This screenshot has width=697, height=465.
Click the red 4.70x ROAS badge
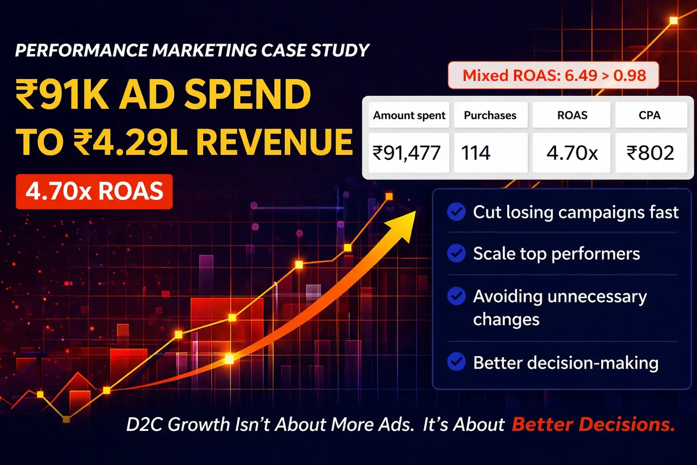pyautogui.click(x=94, y=192)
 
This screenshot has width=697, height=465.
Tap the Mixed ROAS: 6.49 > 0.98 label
pyautogui.click(x=553, y=75)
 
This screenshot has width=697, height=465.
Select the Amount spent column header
pyautogui.click(x=409, y=115)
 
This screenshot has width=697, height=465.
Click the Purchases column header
pyautogui.click(x=490, y=115)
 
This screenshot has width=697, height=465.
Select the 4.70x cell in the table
pyautogui.click(x=572, y=153)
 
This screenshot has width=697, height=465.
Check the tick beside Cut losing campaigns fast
pyautogui.click(x=456, y=212)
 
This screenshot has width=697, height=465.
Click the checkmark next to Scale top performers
pyautogui.click(x=456, y=253)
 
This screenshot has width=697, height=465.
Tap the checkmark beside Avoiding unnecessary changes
pyautogui.click(x=456, y=296)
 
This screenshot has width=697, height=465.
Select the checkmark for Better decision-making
pyautogui.click(x=456, y=361)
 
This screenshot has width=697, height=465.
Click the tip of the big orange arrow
pyautogui.click(x=416, y=211)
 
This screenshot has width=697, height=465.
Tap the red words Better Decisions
pyautogui.click(x=593, y=424)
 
